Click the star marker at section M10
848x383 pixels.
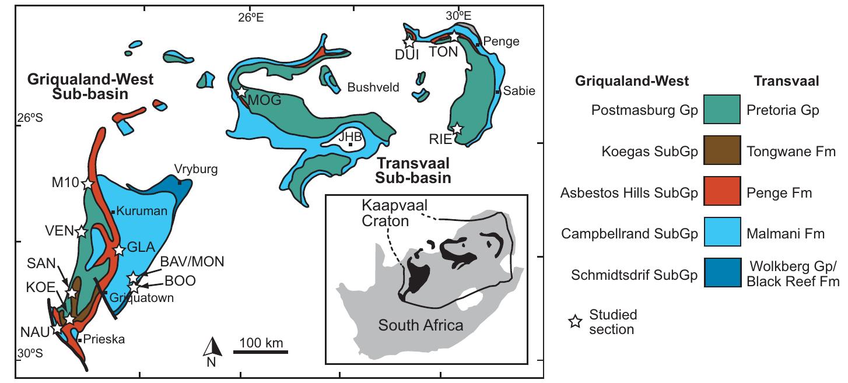tap(87, 184)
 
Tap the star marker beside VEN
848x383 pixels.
tap(81, 232)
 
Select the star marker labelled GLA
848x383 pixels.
tap(119, 250)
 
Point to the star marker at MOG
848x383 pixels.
tap(241, 92)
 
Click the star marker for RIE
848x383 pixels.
tap(458, 128)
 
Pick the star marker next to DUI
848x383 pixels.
tap(409, 42)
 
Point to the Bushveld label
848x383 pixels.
tap(373, 87)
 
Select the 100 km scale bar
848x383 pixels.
tap(260, 352)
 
